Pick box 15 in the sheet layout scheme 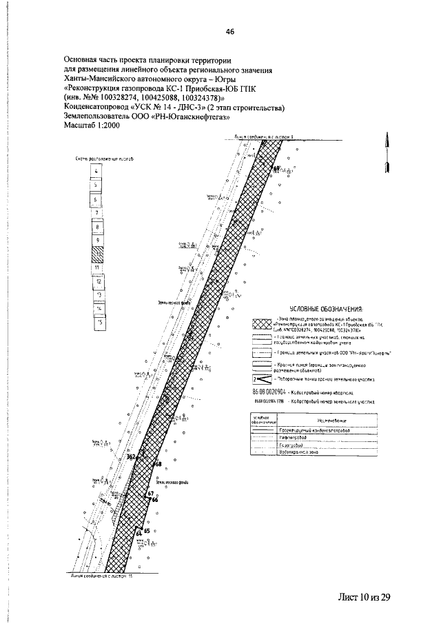(x=100, y=322)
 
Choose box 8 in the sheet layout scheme (x=99, y=227)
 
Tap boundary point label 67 (x=150, y=494)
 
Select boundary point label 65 (x=147, y=531)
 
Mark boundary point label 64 (x=139, y=534)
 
